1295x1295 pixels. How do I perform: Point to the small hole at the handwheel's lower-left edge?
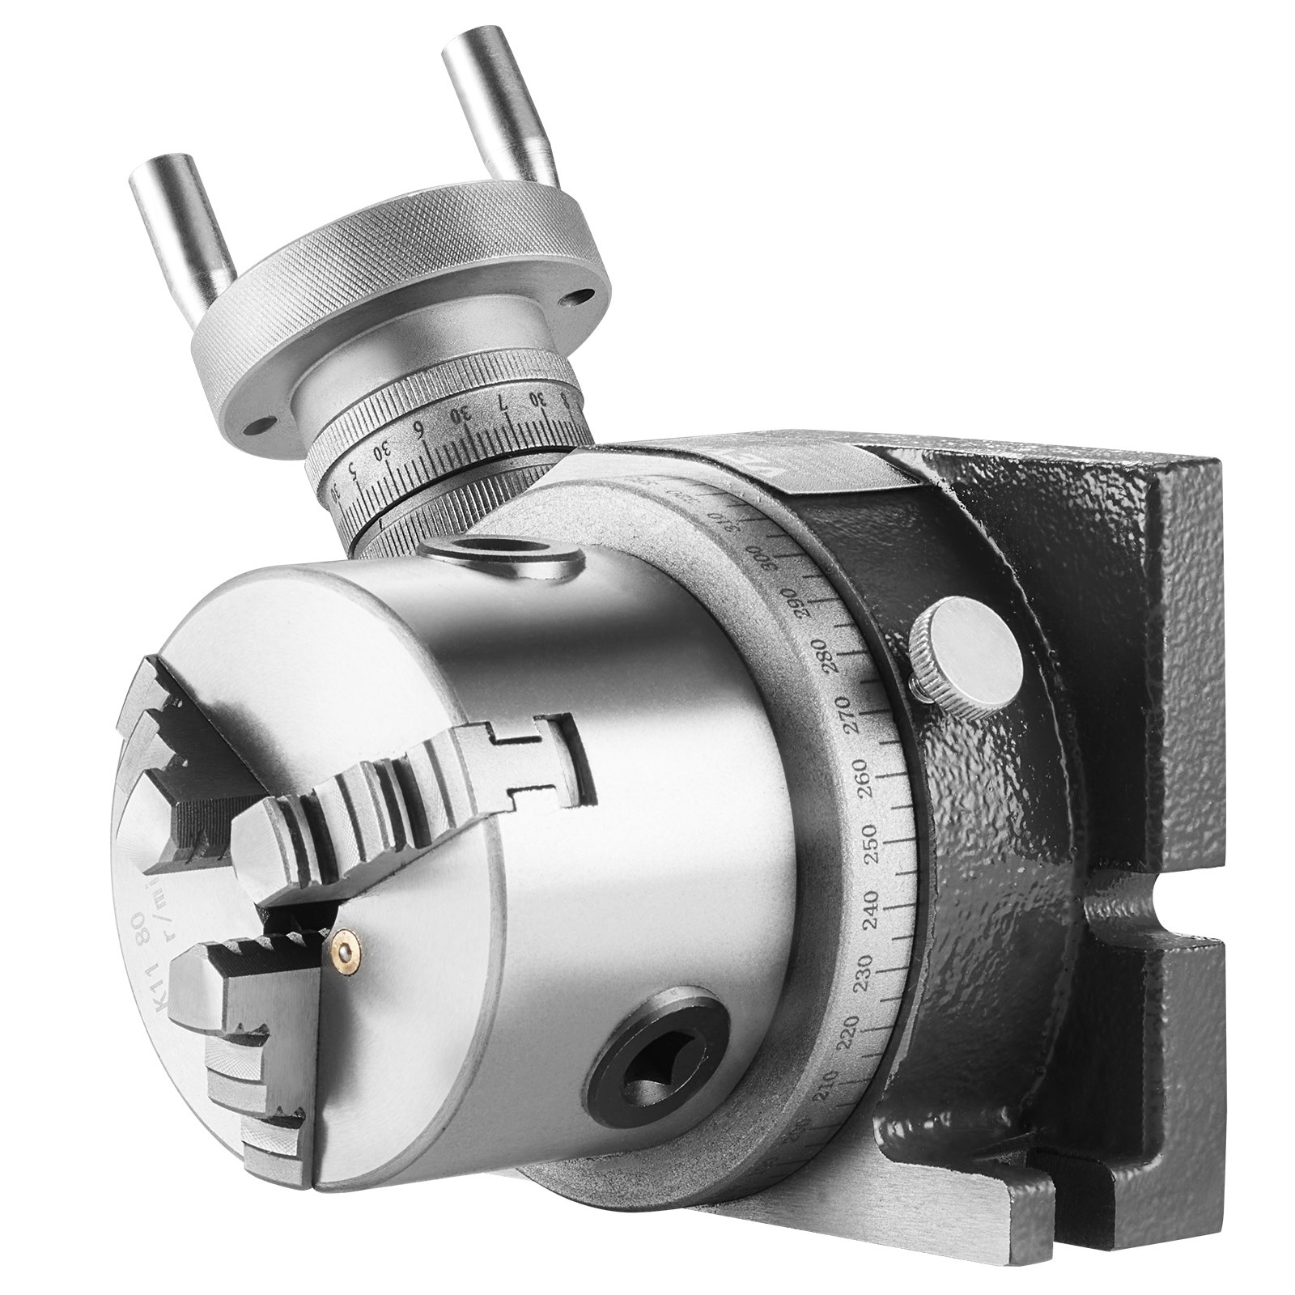pyautogui.click(x=260, y=424)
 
